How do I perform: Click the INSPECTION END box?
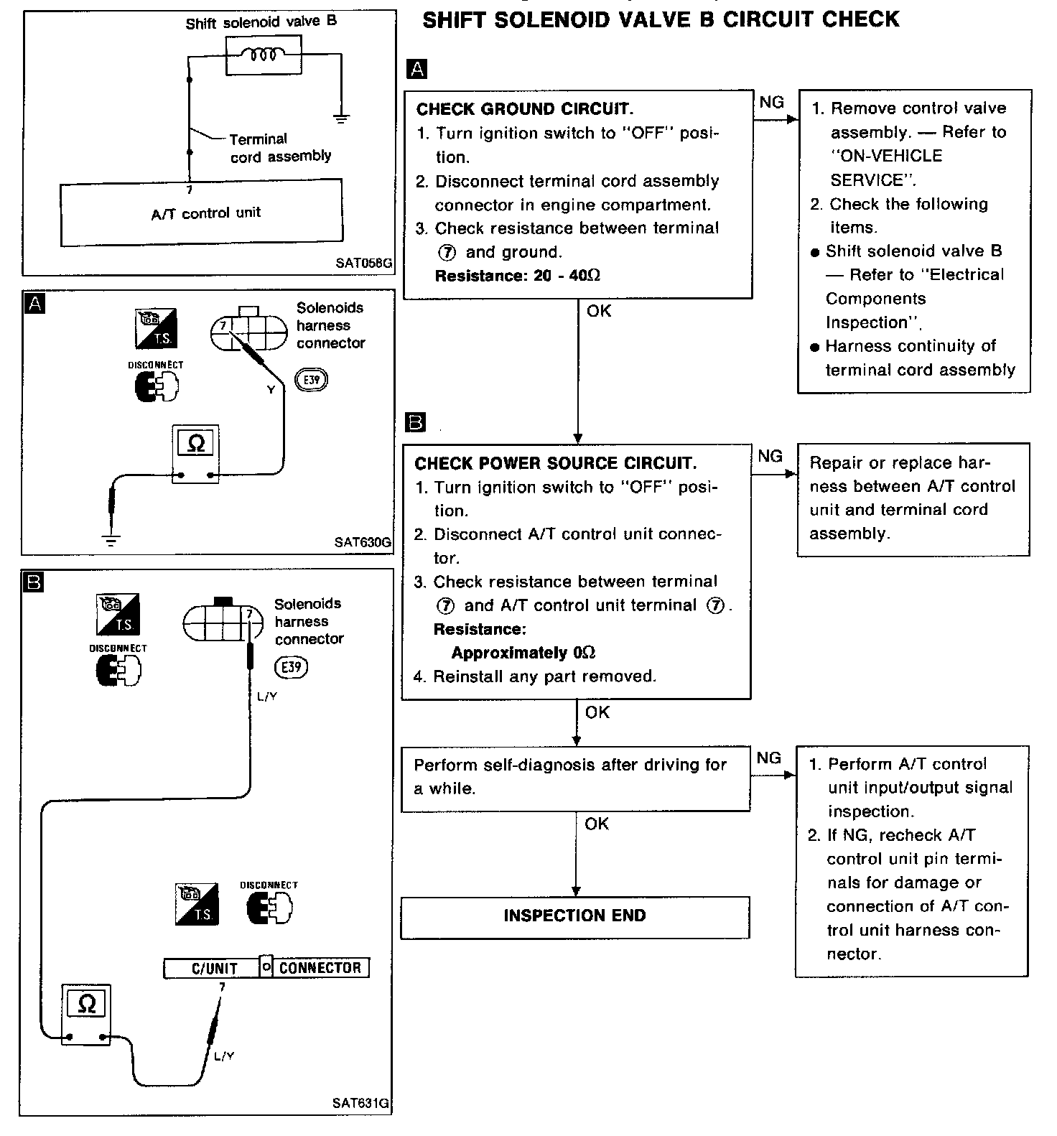[x=574, y=916]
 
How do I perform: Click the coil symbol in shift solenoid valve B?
[x=264, y=55]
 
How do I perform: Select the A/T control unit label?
[x=206, y=213]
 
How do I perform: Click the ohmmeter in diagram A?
[x=195, y=453]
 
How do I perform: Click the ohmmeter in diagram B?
[x=85, y=1014]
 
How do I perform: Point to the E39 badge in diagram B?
[x=291, y=667]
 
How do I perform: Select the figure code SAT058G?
[x=363, y=264]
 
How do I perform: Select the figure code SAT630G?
[x=363, y=543]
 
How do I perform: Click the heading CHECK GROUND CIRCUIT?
[x=525, y=109]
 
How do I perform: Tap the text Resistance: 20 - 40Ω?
[x=517, y=276]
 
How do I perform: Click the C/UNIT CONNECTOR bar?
[x=266, y=968]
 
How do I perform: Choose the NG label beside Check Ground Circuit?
[x=771, y=103]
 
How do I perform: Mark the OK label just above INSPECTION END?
[x=597, y=824]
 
